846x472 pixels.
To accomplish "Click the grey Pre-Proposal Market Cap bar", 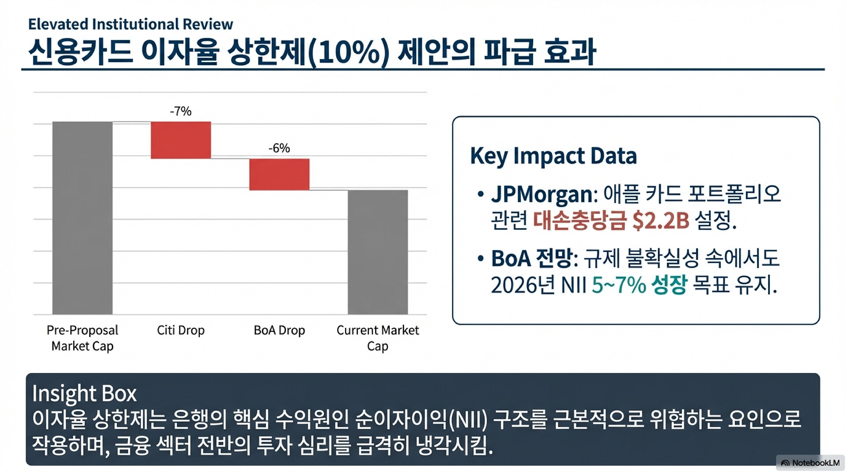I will pyautogui.click(x=82, y=218).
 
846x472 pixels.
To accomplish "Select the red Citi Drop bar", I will pyautogui.click(x=181, y=140).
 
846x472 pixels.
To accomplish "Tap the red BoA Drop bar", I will pyautogui.click(x=279, y=174).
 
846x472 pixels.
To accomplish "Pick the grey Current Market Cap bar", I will pyautogui.click(x=378, y=252).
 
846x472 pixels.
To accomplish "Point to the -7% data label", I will pyautogui.click(x=181, y=111).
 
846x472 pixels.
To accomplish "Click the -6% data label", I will pyautogui.click(x=279, y=148).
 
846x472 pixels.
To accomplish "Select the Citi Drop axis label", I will pyautogui.click(x=181, y=330).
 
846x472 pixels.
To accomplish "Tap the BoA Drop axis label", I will pyautogui.click(x=279, y=330).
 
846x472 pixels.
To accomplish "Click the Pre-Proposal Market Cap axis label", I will pyautogui.click(x=82, y=338).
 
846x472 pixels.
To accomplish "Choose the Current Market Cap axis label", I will pyautogui.click(x=378, y=338).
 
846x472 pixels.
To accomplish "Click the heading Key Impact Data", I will pyautogui.click(x=553, y=156).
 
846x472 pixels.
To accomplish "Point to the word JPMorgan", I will pyautogui.click(x=542, y=194).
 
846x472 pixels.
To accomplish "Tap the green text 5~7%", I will pyautogui.click(x=619, y=285).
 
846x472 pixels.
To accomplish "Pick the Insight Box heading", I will pyautogui.click(x=84, y=393).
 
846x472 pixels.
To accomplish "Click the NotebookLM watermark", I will pyautogui.click(x=810, y=463).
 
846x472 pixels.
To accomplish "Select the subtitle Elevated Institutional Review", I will pyautogui.click(x=130, y=24).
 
